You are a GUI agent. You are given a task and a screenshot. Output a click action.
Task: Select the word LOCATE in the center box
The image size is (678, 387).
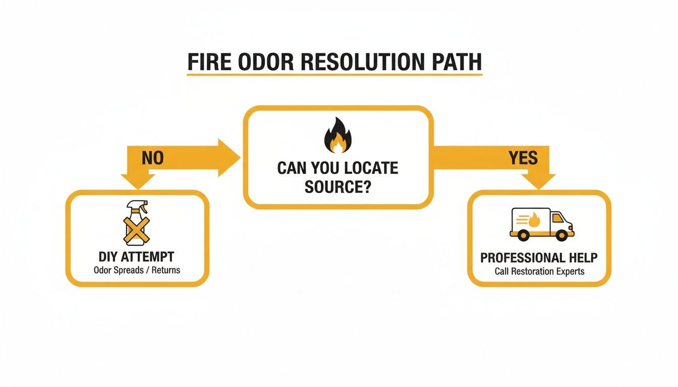[371, 168]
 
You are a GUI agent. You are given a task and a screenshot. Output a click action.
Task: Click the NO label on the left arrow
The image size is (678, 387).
[153, 158]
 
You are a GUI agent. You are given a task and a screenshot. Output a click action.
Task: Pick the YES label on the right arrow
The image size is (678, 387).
[523, 158]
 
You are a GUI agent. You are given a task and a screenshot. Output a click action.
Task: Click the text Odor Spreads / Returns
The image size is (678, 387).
[137, 271]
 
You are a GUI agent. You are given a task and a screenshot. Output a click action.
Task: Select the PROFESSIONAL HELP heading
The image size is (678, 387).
[539, 258]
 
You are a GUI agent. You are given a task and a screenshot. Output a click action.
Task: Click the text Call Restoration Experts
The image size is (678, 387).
[539, 272]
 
